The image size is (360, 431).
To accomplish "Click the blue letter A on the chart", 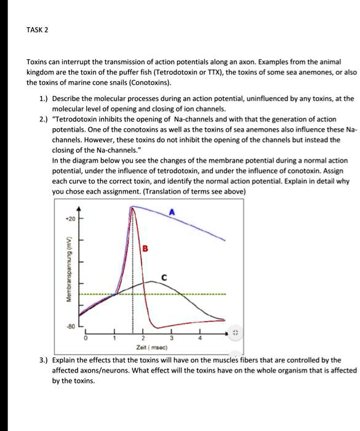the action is (173, 212).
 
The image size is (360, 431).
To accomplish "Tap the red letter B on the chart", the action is (145, 249).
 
